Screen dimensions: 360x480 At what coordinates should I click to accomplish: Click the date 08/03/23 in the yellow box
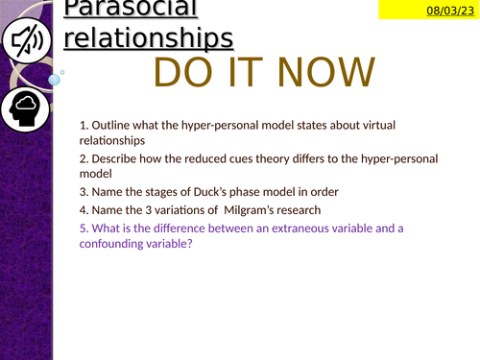(x=448, y=11)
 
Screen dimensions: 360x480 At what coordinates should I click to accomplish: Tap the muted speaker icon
(x=30, y=43)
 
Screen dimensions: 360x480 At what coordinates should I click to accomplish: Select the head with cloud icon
(x=30, y=112)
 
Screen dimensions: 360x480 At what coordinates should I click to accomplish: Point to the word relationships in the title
(x=148, y=38)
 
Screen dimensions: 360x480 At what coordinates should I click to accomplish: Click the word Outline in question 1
(x=111, y=125)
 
